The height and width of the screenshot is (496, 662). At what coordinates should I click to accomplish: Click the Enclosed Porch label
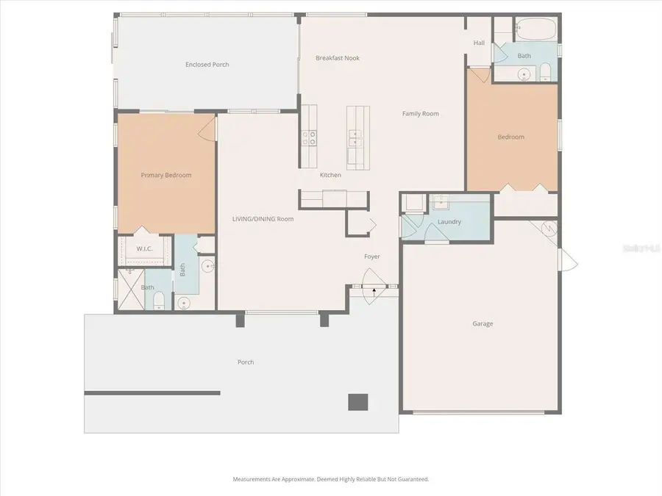[x=207, y=65]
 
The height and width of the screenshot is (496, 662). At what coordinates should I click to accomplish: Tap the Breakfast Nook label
[x=338, y=58]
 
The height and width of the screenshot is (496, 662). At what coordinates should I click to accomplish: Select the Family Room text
[x=420, y=114]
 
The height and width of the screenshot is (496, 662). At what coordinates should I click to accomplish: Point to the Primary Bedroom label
[x=166, y=175]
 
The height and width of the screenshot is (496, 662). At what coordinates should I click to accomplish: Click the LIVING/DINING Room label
[x=263, y=219]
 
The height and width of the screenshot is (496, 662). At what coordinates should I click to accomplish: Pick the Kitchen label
[x=330, y=175]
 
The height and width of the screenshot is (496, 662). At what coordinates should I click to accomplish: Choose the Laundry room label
[x=449, y=222]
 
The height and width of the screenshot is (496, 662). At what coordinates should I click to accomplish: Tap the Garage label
[x=483, y=323]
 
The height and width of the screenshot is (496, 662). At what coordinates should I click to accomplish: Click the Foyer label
[x=372, y=256]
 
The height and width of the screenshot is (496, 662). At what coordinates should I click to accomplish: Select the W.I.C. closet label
[x=144, y=248]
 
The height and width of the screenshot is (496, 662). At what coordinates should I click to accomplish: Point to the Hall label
[x=479, y=43]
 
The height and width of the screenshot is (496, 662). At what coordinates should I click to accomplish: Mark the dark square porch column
[x=357, y=402]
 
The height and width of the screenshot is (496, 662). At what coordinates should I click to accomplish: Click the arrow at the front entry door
[x=374, y=291]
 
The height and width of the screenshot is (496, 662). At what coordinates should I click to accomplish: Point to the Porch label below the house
[x=246, y=362]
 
